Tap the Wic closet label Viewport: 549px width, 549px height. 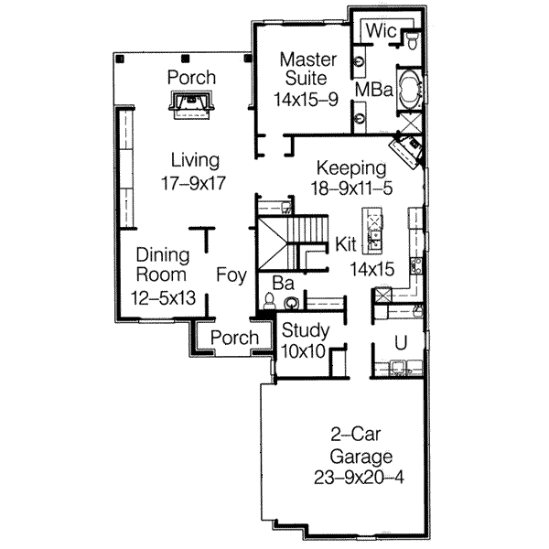point(380,31)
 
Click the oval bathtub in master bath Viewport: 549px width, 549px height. point(409,90)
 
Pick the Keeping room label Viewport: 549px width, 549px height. point(351,167)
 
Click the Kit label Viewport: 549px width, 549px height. point(345,244)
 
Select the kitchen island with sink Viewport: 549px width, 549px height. point(374,231)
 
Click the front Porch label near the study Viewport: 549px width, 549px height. point(234,339)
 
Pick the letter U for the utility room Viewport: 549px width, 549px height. point(400,342)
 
